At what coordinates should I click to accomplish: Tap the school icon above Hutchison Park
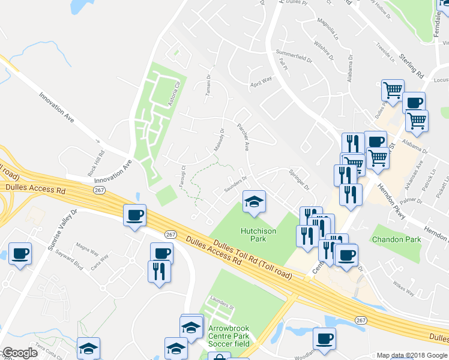point(254,202)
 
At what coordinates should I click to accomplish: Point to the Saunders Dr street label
point(236,181)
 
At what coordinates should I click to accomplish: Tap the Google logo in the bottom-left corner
point(19,353)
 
